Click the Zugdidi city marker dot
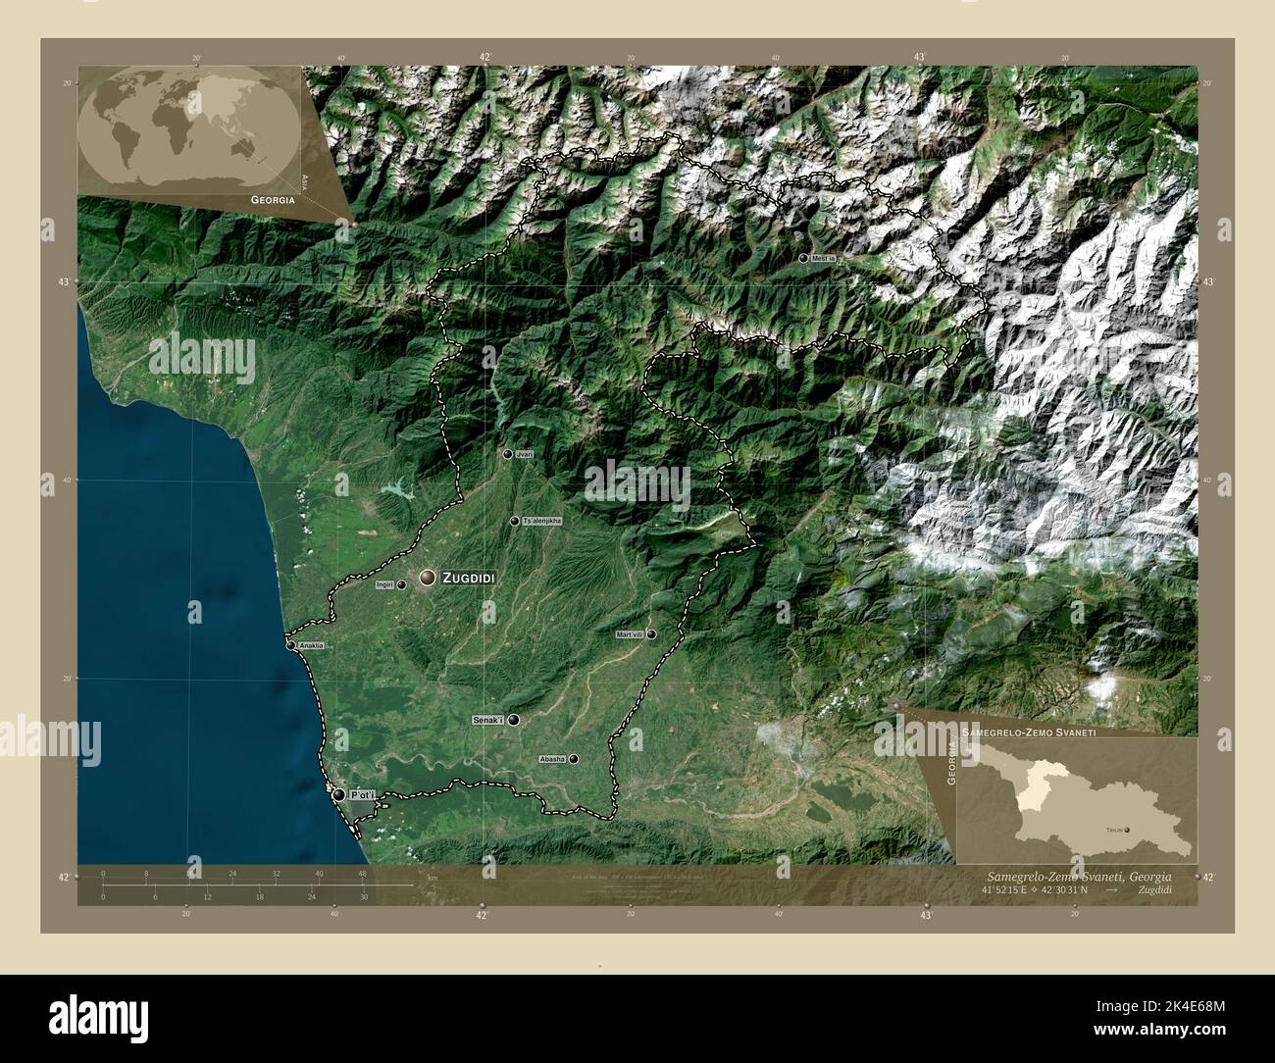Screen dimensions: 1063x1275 [428, 579]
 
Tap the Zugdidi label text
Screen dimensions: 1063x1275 [469, 580]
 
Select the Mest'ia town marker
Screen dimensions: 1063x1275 [803, 258]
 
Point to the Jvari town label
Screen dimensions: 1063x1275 [524, 455]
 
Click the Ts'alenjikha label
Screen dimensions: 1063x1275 [542, 522]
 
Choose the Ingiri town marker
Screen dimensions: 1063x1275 [401, 584]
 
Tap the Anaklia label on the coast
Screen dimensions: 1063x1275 [312, 646]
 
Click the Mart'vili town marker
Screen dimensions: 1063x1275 [650, 634]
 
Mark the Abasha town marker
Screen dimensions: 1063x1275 [574, 759]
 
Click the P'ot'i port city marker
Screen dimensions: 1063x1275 [338, 795]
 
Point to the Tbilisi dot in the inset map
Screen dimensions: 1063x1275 [1128, 830]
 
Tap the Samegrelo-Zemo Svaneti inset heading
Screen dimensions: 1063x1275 [1029, 733]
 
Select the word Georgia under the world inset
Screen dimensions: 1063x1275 [274, 199]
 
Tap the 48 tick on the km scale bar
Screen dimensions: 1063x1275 [362, 873]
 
